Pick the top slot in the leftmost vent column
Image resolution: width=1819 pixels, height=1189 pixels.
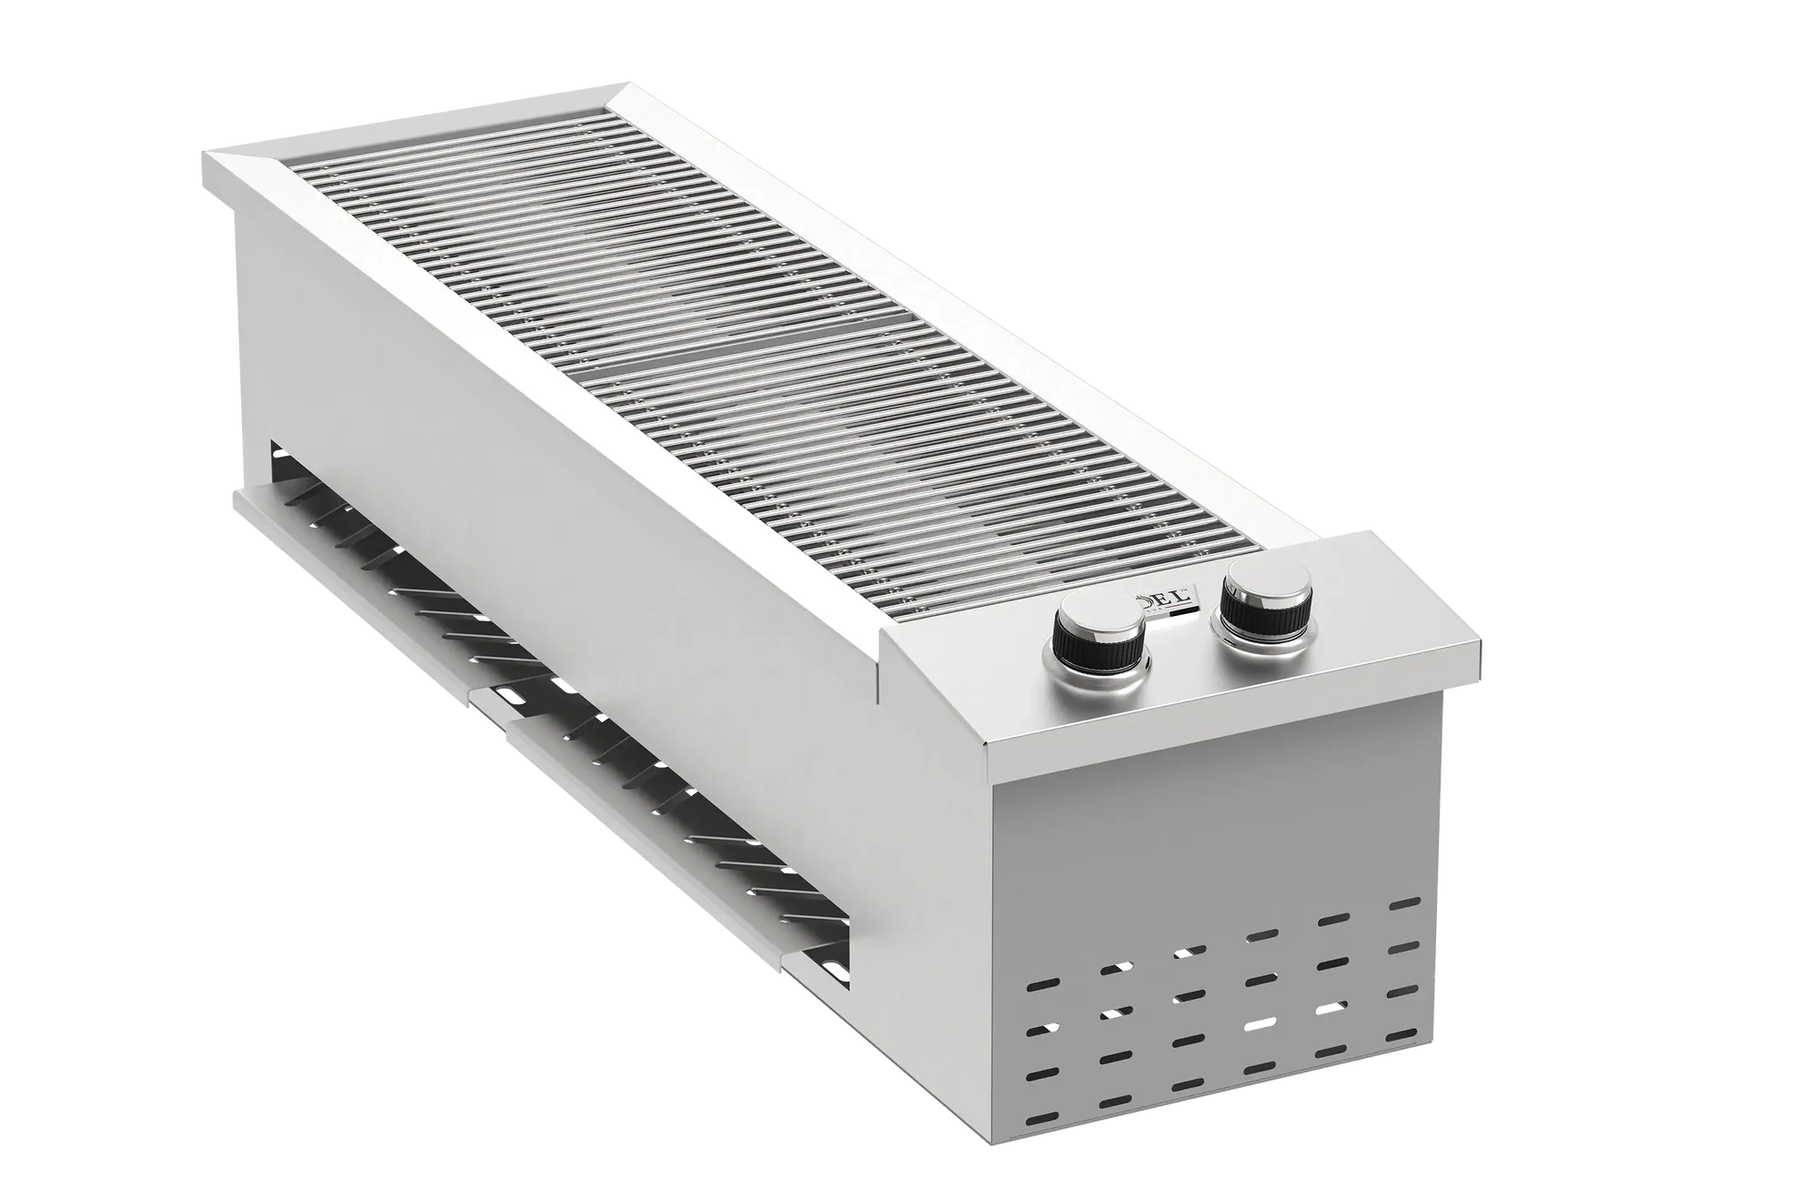(x=1037, y=984)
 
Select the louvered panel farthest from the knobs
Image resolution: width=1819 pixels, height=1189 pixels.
(x=364, y=564)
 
